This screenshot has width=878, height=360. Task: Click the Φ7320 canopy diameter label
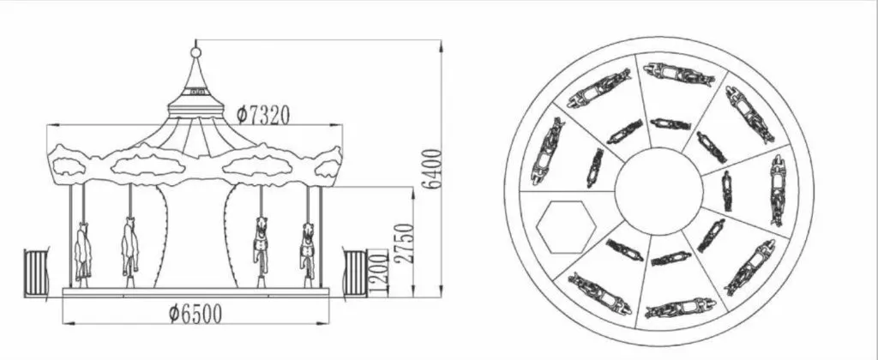pos(262,115)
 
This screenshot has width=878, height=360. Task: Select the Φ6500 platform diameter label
pos(195,314)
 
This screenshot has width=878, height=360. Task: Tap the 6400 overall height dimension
pos(432,169)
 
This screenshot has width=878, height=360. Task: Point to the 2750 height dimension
pos(404,243)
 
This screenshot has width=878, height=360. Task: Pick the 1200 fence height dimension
pos(378,273)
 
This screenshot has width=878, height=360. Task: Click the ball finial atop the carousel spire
pos(195,52)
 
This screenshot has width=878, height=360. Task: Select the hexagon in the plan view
pos(566,227)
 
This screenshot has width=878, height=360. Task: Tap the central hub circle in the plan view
pos(658,191)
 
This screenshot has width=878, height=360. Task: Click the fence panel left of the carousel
pos(36,273)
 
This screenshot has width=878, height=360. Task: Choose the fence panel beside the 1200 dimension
pos(355,273)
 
